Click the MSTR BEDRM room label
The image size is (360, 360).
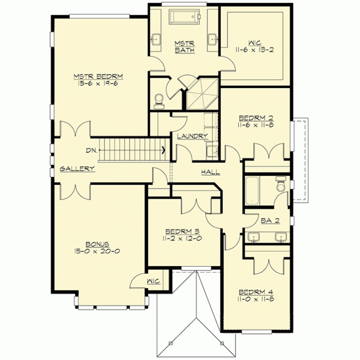pos(98,76)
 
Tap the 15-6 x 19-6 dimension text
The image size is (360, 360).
pos(98,83)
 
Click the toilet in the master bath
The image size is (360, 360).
pos(159,101)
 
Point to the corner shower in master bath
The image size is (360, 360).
pos(202,93)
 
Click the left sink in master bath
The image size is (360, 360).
pos(156,39)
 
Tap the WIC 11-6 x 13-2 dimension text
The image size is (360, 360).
pos(254,50)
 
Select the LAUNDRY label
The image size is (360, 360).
pos(192,136)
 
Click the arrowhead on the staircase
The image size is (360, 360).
pos(163,150)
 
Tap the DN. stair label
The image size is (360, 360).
pos(91,150)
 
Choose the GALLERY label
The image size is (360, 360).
pos(77,169)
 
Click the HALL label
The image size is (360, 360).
pos(210,172)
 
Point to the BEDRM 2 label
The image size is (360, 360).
pos(256,118)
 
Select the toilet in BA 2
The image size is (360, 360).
pos(281,183)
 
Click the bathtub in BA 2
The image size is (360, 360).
pos(252,190)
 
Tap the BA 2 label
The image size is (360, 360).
pos(270,220)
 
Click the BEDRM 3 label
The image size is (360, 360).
pos(182,231)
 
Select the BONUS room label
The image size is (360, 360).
pos(97,244)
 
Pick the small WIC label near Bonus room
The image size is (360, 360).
pos(153,281)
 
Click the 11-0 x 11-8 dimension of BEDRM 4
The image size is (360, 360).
pos(256,299)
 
